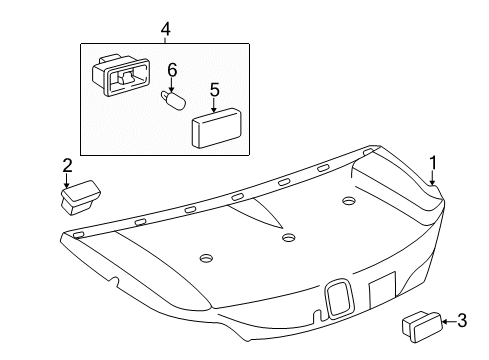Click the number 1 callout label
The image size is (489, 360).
(x=434, y=162)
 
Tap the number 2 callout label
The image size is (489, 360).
(x=67, y=164)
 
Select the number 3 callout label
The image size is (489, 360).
(x=462, y=321)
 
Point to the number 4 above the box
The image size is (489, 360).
(x=164, y=31)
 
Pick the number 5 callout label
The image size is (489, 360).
(x=214, y=90)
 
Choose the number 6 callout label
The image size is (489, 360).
(x=171, y=70)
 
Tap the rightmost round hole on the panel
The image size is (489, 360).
(x=349, y=202)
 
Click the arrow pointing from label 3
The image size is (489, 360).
(x=448, y=321)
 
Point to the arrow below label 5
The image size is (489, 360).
(x=214, y=105)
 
